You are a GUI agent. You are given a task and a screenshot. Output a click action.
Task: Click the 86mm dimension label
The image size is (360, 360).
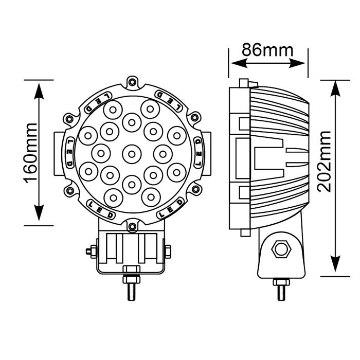tap(267, 50)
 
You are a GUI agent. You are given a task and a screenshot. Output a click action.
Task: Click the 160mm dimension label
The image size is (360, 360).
tap(30, 153)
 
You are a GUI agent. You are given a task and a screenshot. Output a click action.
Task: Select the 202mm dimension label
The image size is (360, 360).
tap(324, 161)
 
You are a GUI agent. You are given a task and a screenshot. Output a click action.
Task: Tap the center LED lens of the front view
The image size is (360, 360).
tap(132, 154)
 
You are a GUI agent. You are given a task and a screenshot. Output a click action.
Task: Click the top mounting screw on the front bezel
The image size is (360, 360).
tap(132, 82)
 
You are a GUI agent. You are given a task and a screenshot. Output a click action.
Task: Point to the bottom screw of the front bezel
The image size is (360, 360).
tap(132, 226)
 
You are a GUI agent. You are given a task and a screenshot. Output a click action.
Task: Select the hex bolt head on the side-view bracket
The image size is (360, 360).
tap(281, 249)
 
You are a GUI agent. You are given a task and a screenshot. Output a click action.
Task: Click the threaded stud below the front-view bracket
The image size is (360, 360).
tap(132, 292)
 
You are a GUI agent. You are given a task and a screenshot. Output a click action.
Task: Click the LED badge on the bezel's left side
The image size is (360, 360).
tap(69, 153)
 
